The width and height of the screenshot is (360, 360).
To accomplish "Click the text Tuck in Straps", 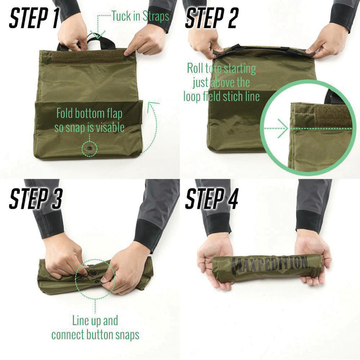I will (140, 17).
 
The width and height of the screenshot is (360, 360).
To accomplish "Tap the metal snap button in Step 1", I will (90, 149).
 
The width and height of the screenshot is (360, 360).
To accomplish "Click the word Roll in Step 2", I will (196, 68).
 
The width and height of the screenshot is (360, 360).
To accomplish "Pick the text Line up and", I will (95, 320).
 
